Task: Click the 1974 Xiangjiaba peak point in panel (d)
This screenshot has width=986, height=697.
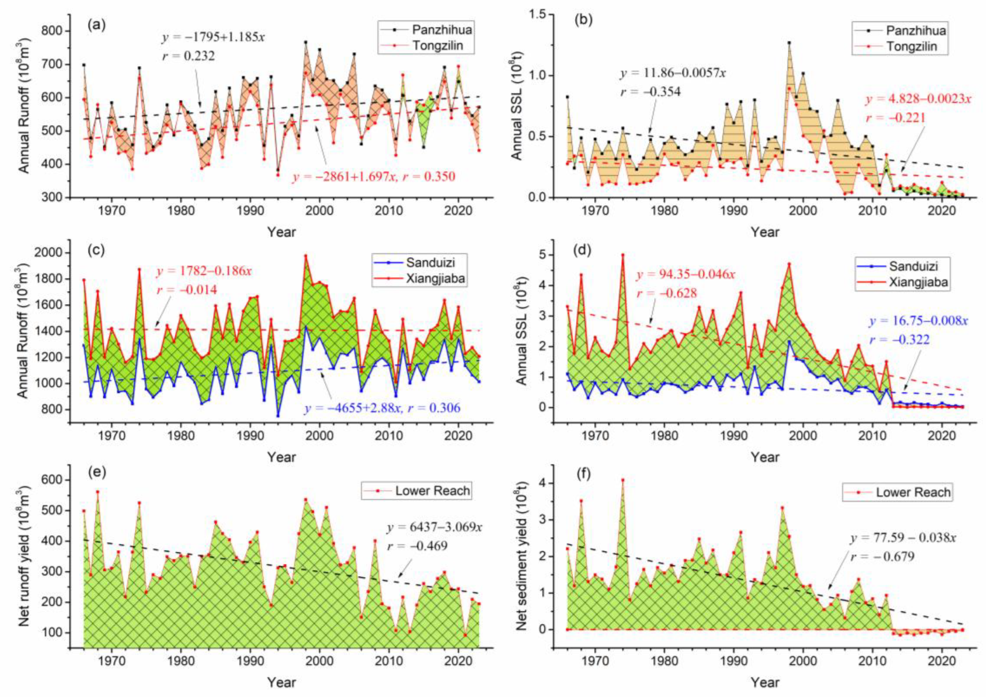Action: coord(623,255)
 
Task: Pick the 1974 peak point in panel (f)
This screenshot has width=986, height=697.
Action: coord(623,480)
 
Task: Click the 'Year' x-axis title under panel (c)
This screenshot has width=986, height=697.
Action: coord(282,457)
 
